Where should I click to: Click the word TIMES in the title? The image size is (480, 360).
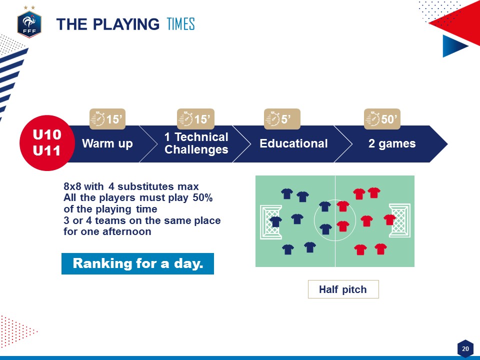point(181,24)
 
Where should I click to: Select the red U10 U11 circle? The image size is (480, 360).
point(47,142)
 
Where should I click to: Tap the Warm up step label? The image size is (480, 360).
point(107,143)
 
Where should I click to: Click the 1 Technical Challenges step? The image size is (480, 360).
point(196,143)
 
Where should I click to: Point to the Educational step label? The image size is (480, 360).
point(293,143)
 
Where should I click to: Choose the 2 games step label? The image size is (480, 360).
point(392,143)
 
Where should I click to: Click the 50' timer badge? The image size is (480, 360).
point(382,119)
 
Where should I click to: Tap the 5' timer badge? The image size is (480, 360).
point(282,119)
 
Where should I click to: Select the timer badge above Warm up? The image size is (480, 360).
point(107,119)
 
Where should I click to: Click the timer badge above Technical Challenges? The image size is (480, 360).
point(195,119)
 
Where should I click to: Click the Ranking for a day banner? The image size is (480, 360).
point(138,263)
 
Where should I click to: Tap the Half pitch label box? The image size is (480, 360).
point(343,289)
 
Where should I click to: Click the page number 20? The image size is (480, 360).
point(465,348)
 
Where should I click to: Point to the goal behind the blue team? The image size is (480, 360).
point(271,222)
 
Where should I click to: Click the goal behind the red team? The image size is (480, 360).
point(399,220)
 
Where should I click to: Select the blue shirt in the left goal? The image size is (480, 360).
point(275,221)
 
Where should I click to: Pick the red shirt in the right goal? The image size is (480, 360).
point(389,219)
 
